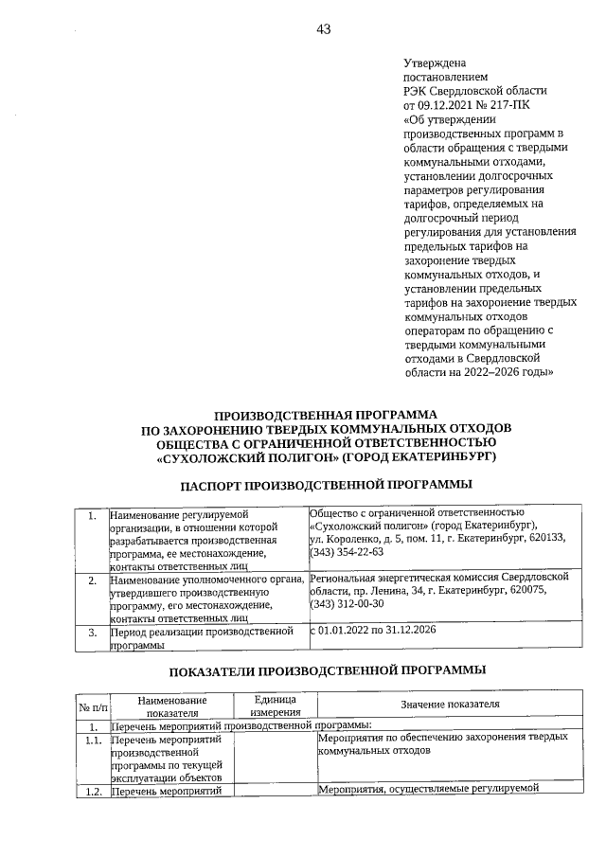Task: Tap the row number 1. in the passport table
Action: coord(91,517)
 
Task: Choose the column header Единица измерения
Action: coord(276,706)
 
